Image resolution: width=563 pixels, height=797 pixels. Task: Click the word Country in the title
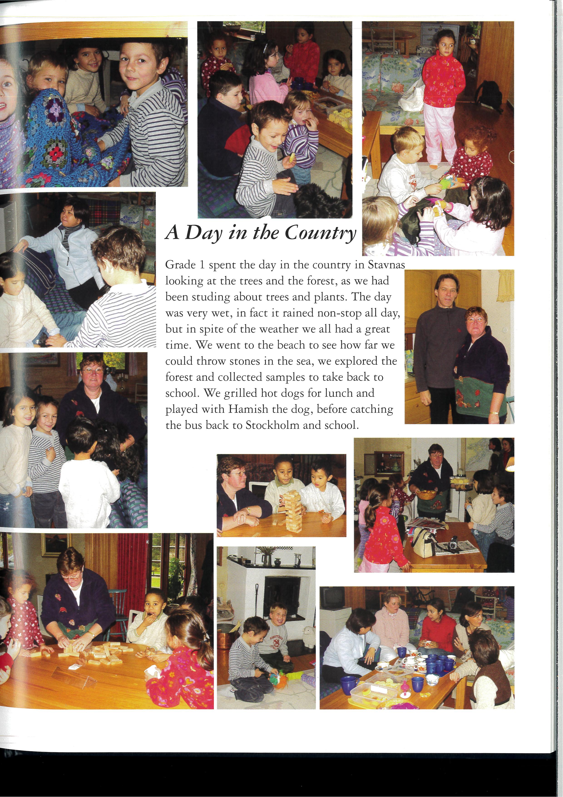(321, 233)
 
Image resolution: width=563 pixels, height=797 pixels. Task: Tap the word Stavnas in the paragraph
(386, 265)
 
